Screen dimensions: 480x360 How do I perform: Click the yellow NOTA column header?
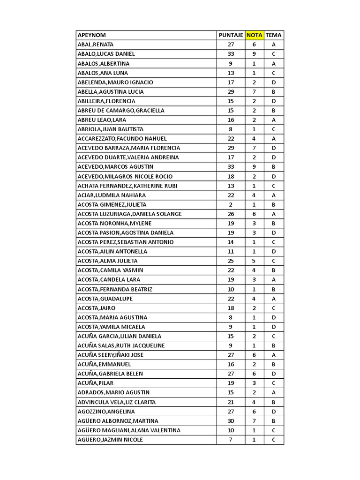(x=254, y=35)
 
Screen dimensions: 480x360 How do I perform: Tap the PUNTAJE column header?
(x=231, y=35)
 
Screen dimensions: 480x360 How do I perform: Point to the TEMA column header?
(x=273, y=35)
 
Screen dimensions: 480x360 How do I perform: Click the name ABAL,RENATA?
(x=96, y=45)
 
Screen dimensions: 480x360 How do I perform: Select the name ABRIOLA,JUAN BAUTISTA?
(x=111, y=129)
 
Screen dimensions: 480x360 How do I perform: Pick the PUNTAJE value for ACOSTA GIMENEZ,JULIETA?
(x=231, y=204)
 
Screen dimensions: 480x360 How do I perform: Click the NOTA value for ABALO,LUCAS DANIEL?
(x=254, y=54)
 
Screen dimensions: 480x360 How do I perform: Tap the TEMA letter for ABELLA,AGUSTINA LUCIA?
(x=273, y=91)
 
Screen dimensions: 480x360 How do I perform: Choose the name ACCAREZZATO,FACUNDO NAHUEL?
(x=122, y=138)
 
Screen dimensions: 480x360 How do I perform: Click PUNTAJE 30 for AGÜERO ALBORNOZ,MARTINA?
(x=231, y=420)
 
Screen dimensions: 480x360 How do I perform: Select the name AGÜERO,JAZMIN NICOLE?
(x=110, y=439)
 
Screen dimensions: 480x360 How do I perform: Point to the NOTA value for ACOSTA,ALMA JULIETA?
(x=254, y=261)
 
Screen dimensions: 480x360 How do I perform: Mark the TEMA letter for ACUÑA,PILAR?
(x=273, y=383)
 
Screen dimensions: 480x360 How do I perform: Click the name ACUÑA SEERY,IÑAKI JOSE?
(x=111, y=355)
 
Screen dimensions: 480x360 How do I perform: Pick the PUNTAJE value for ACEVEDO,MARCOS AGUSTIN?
(x=231, y=166)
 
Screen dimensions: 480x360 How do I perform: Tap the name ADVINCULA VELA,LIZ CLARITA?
(x=117, y=402)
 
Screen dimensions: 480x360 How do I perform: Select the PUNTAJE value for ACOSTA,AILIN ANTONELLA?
(x=231, y=251)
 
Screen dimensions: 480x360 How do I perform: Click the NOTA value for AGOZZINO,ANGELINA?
(x=254, y=411)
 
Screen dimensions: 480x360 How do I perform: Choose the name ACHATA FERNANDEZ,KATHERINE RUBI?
(x=127, y=186)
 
